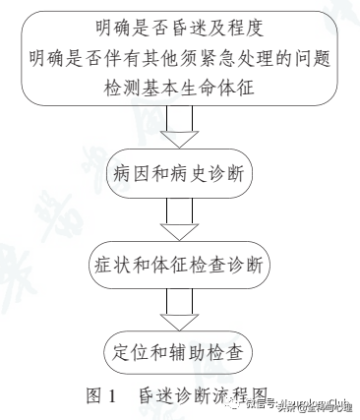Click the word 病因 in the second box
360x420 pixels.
tap(134, 177)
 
